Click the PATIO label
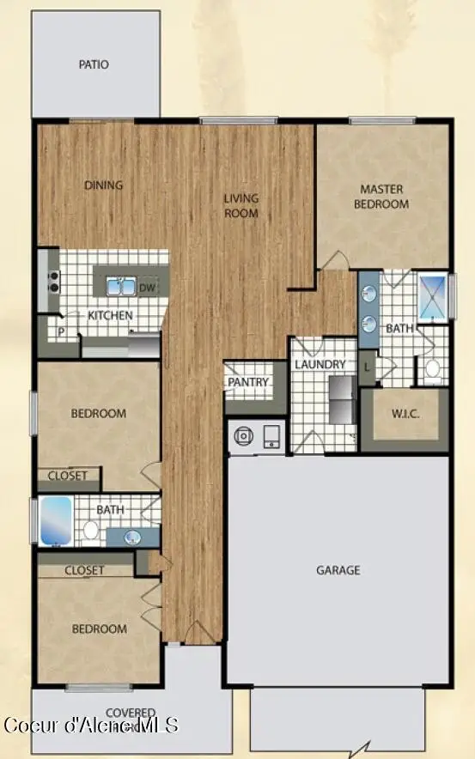[94, 64]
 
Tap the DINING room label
[103, 185]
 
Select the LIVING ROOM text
[241, 206]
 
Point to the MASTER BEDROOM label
[383, 197]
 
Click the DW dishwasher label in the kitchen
[147, 288]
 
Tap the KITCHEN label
[111, 315]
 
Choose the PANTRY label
[248, 382]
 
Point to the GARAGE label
[338, 569]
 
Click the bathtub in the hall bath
[55, 521]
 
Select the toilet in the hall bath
[91, 529]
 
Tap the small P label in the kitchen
[61, 331]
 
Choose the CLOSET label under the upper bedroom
[68, 476]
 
